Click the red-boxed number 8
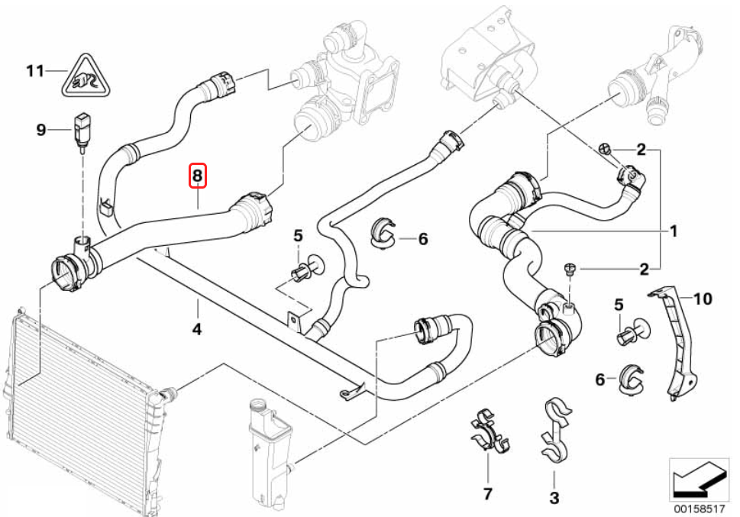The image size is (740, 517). click(x=198, y=176)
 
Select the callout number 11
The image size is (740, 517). click(x=35, y=72)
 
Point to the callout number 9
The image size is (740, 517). click(x=41, y=130)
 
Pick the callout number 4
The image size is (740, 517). click(x=197, y=330)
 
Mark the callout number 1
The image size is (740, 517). click(x=674, y=229)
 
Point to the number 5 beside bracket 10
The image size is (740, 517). click(x=619, y=305)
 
